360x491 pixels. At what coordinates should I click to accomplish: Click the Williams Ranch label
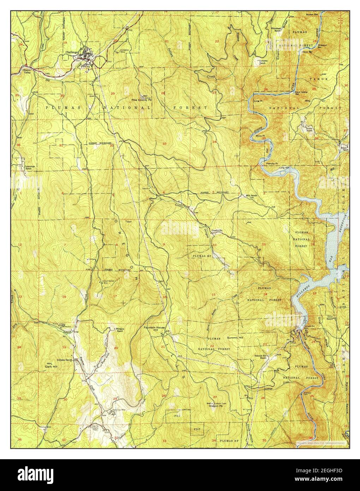coord(120,330)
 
